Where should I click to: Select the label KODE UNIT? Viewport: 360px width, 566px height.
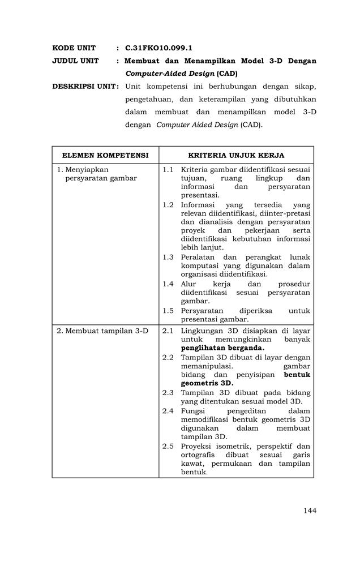pos(74,48)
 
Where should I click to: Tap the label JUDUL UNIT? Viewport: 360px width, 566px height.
pos(75,61)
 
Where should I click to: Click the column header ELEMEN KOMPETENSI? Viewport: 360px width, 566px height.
pos(105,155)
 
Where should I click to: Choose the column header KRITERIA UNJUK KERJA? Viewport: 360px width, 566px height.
pos(236,155)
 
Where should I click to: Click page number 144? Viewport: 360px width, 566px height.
pos(310,511)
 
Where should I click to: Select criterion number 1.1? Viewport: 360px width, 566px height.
pos(168,169)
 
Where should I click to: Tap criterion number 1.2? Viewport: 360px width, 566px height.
pos(168,204)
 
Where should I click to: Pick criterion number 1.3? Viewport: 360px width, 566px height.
pos(168,257)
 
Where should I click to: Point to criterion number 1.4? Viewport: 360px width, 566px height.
pos(168,284)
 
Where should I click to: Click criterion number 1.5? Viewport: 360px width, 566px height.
pos(168,310)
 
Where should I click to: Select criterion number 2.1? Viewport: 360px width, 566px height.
pos(168,331)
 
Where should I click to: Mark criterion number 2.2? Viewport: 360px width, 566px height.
pos(168,357)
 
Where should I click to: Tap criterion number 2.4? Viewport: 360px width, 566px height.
pos(168,410)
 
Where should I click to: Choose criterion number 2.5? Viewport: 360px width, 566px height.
pos(168,446)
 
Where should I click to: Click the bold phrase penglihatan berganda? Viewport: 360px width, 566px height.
pos(222,348)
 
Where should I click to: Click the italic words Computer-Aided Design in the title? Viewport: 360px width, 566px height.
pos(169,74)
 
